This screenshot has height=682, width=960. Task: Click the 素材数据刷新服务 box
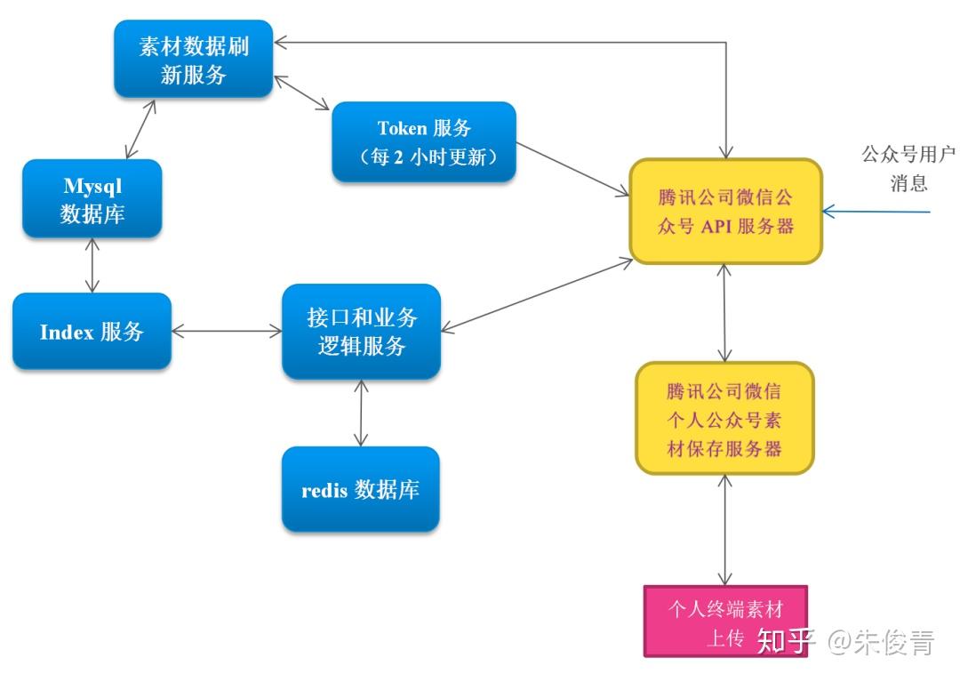pos(193,60)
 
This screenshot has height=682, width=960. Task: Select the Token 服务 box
pos(423,141)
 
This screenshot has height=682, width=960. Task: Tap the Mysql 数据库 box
pos(92,198)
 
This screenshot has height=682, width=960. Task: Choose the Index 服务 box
pos(92,331)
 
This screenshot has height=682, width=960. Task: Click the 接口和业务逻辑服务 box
pos(361,331)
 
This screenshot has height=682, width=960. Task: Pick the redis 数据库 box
pos(360,488)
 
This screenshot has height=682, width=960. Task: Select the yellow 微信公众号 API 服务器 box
pos(725,211)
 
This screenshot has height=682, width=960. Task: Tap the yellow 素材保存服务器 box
pos(724,418)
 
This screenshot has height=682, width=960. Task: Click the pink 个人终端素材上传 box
pos(724,620)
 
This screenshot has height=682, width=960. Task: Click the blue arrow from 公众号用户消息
pos(876,212)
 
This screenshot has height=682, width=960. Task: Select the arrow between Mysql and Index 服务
pos(92,265)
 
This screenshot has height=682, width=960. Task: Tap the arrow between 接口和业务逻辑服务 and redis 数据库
pos(360,413)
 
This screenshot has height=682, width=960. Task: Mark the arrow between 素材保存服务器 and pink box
pos(726,529)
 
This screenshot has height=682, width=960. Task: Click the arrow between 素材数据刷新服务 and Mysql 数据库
pos(141,129)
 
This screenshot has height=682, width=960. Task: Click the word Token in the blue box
pos(402,129)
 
